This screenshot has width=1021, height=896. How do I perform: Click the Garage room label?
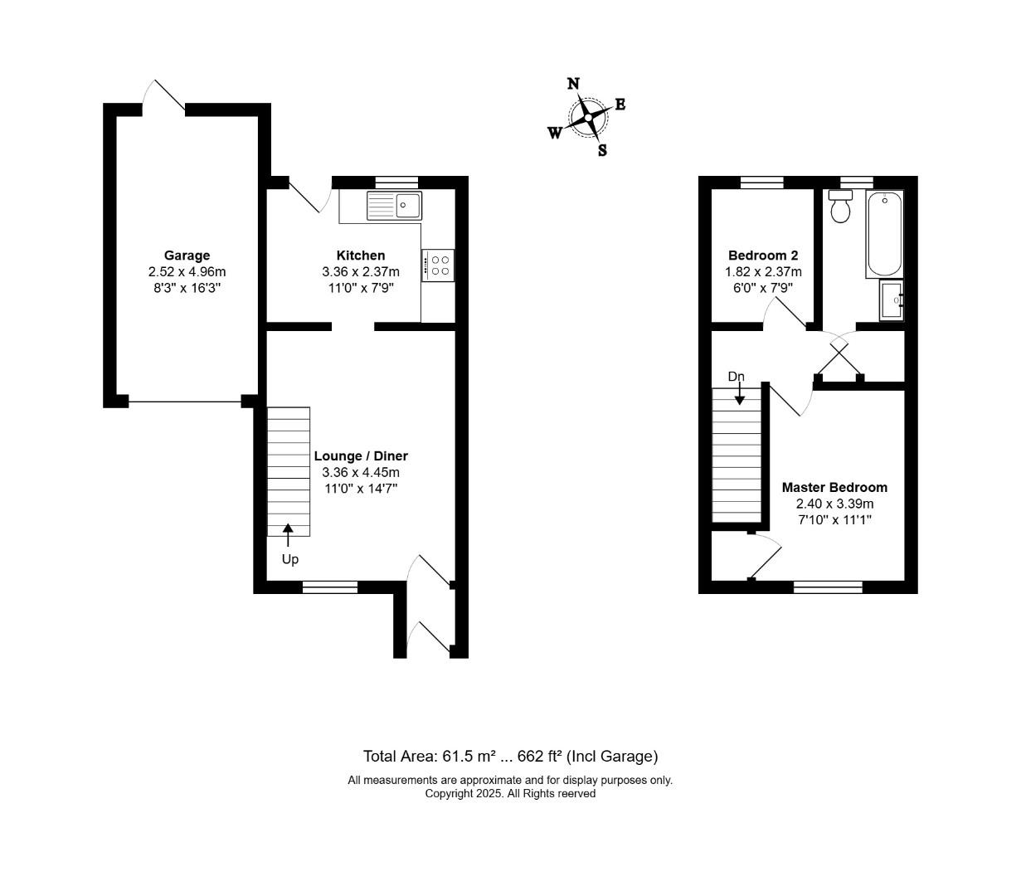click(187, 256)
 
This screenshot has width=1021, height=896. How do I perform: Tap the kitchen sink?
click(394, 206)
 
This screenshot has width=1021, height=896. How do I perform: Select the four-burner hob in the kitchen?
click(438, 265)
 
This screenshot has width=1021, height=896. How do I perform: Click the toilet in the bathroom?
click(840, 207)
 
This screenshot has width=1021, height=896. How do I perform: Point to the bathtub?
click(884, 234)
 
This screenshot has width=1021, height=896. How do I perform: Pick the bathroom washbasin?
click(892, 300)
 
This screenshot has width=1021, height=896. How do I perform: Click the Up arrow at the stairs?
click(288, 535)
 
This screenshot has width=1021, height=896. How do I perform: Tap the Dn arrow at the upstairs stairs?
click(739, 393)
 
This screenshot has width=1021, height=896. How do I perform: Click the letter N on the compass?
click(573, 83)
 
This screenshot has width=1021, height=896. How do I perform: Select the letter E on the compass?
click(620, 105)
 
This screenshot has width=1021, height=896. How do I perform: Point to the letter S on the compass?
click(602, 150)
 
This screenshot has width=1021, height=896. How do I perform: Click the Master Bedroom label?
click(834, 487)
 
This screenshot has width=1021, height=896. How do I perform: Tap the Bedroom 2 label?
click(763, 256)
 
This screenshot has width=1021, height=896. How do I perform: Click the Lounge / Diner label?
click(361, 455)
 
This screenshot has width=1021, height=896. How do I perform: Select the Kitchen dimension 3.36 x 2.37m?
click(361, 272)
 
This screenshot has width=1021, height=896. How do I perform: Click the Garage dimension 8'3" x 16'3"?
click(187, 288)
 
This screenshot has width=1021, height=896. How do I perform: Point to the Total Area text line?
click(511, 757)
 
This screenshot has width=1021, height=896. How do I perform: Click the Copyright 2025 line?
click(510, 794)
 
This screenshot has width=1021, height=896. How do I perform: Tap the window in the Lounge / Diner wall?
click(329, 587)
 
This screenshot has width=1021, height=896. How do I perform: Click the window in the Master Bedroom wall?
click(828, 587)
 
